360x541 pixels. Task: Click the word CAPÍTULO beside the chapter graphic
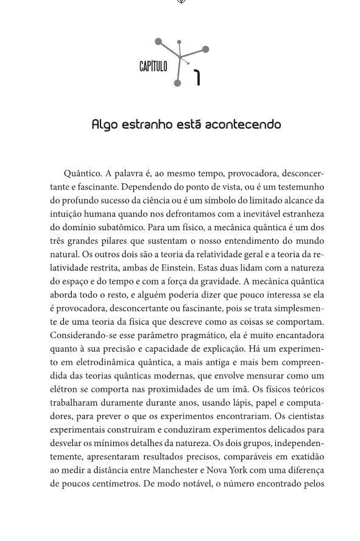[153, 66]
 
